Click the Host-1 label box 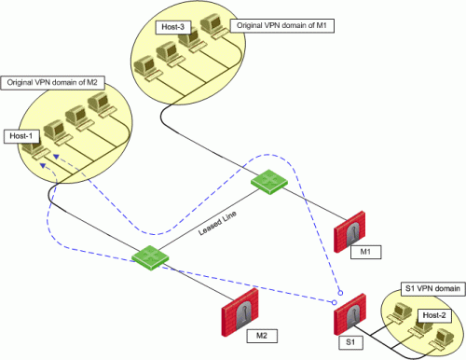(x=22, y=136)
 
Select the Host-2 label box (x=434, y=315)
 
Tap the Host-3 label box (x=172, y=27)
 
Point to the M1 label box (x=365, y=252)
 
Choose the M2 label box (x=262, y=336)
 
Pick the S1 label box (x=350, y=342)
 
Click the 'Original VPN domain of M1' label (x=281, y=26)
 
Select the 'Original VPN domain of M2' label (x=52, y=83)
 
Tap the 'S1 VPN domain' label (x=433, y=289)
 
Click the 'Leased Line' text (x=217, y=223)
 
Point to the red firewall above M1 (x=349, y=231)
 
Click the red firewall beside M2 (x=240, y=312)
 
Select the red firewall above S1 (x=349, y=314)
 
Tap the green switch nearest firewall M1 (x=269, y=182)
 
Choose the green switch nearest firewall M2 (x=150, y=257)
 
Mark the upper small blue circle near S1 (x=340, y=293)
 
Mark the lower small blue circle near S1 (x=335, y=302)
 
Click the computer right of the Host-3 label (x=214, y=27)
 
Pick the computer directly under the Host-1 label (x=36, y=151)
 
